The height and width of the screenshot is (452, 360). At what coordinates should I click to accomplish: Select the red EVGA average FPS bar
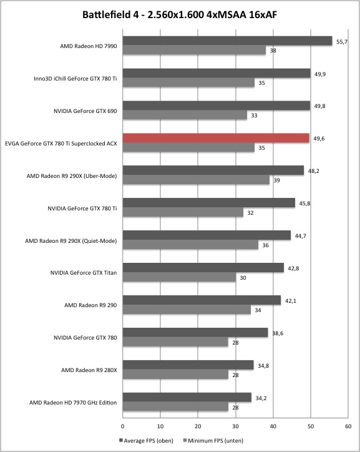[x=216, y=138]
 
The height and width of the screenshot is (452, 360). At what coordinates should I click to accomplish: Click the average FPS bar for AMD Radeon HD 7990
[x=228, y=41]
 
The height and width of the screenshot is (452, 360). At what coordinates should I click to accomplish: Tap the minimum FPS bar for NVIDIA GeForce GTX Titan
[x=179, y=277]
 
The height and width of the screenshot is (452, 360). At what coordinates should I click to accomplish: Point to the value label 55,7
[x=342, y=42]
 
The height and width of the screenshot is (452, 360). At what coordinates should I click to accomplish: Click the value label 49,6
[x=319, y=139]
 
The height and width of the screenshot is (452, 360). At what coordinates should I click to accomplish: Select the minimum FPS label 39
[x=276, y=180]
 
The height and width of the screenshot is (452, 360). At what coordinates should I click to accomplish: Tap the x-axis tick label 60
[x=348, y=426]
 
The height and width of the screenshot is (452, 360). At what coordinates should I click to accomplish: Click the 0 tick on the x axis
[x=123, y=426]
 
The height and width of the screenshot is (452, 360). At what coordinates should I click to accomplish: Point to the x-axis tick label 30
[x=236, y=426]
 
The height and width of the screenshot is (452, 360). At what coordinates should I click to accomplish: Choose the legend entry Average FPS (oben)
[x=146, y=441]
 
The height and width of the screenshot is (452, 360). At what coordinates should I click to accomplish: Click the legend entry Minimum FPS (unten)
[x=213, y=441]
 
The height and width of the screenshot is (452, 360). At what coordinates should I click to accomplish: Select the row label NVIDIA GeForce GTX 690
[x=85, y=111]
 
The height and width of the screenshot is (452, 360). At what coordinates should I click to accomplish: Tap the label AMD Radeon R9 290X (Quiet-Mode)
[x=71, y=241]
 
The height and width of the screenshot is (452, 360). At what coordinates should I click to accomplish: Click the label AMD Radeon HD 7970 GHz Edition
[x=73, y=403]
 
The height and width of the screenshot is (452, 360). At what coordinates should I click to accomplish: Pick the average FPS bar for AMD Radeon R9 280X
[x=188, y=365]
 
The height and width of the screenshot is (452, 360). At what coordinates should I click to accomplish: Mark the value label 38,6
[x=278, y=333]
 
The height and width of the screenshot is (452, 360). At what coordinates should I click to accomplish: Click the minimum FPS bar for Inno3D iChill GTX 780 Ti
[x=188, y=83]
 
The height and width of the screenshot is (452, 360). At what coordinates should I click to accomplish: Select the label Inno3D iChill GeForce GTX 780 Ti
[x=75, y=79]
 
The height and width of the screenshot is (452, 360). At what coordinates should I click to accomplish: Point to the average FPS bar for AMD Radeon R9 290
[x=202, y=300]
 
